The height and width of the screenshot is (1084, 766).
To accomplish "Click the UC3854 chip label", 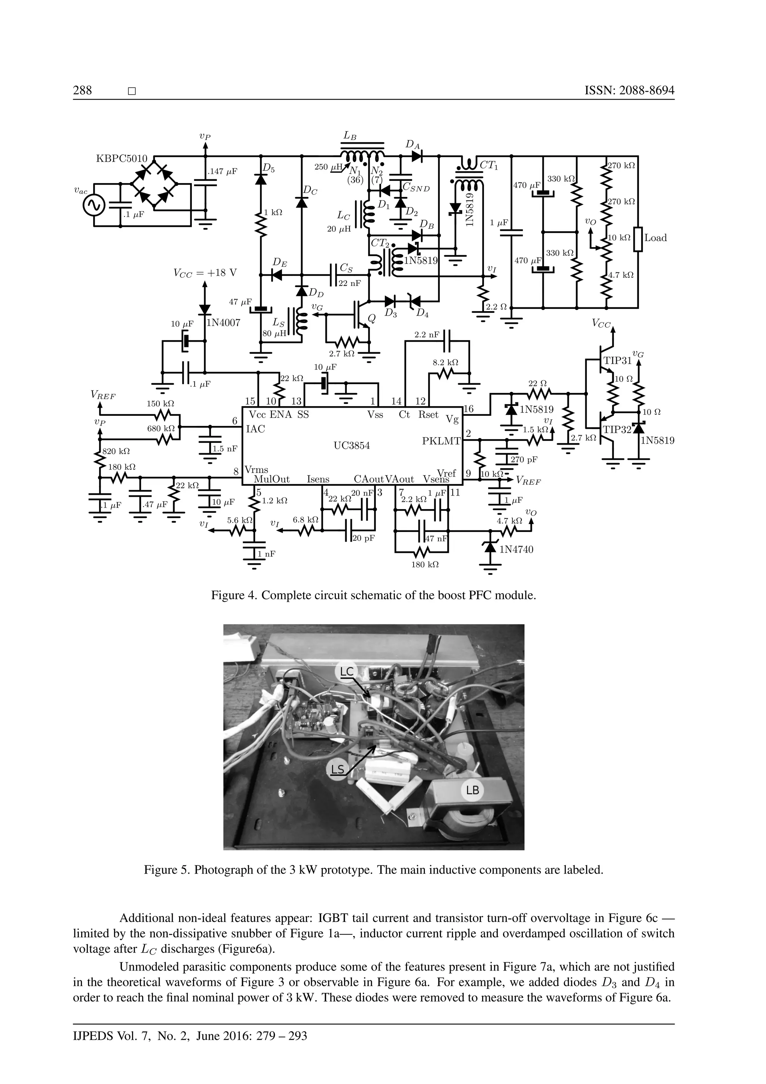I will tap(352, 445).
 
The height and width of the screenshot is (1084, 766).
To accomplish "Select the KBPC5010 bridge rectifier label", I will tap(122, 159).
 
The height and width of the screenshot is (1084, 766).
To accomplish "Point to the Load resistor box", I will tap(638, 239).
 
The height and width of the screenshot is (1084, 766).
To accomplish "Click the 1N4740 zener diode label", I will tap(516, 549).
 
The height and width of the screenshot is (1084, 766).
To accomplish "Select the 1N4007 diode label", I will tap(224, 323).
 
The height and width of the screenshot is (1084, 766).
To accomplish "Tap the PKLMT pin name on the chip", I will tap(441, 441).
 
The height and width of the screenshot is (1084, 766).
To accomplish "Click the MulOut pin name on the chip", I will tap(271, 479).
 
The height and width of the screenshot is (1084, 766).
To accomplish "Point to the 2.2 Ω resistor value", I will tap(497, 307).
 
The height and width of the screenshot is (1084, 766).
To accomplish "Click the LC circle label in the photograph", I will tap(347, 671).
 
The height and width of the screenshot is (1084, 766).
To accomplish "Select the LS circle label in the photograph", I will tap(338, 769).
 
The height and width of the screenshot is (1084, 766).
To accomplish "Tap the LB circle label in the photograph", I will tap(473, 790).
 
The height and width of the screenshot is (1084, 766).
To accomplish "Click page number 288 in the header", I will tap(83, 90).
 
